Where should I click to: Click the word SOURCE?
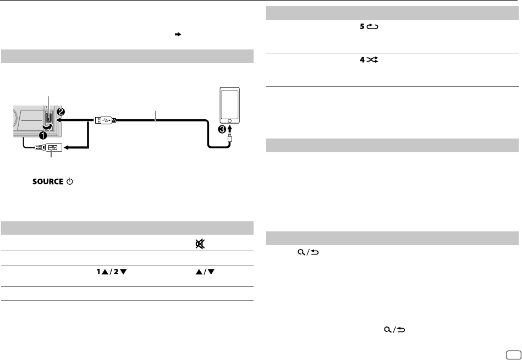point(48,182)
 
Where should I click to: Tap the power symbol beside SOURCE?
point(70,182)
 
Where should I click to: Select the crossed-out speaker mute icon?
point(200,245)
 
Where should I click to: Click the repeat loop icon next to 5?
point(372,26)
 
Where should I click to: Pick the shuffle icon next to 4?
point(372,60)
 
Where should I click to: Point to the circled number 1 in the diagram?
point(43,135)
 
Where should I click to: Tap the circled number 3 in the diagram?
point(222,129)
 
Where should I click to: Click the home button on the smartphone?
point(230,121)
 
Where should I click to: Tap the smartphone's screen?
point(230,104)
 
